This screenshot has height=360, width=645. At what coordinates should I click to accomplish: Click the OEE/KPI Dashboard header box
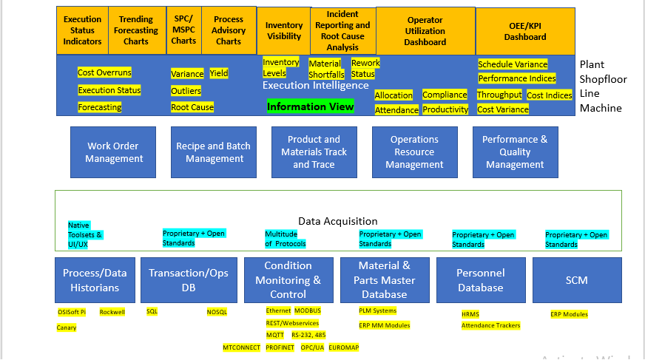point(525,31)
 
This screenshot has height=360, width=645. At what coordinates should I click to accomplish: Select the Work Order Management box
point(114,152)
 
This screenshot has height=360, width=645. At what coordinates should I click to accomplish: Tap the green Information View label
point(311,107)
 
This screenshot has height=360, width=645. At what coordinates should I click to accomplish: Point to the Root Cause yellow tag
point(192,107)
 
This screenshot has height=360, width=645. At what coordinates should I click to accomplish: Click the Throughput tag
point(499,95)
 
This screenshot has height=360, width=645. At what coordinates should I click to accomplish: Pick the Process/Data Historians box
point(95,280)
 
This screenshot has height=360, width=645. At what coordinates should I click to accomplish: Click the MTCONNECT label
point(241,347)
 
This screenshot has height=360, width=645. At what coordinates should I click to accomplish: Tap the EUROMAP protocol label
point(344,347)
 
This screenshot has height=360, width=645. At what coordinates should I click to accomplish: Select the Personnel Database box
point(480,280)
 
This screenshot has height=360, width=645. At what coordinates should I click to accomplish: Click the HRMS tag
point(470,314)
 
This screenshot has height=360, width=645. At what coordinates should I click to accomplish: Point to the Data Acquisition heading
point(337,221)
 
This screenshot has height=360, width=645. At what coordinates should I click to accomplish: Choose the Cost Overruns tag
point(104,72)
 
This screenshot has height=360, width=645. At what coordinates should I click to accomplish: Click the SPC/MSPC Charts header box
point(184,31)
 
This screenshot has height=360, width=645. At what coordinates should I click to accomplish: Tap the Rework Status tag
point(365,68)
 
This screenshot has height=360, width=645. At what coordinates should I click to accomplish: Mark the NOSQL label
point(217,312)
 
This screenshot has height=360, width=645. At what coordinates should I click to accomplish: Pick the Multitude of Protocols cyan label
point(285,239)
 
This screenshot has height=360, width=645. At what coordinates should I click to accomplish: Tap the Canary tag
point(67,327)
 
